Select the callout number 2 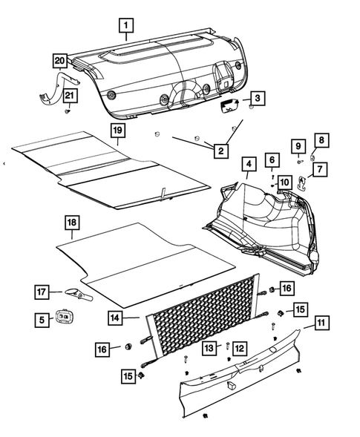pos(220,151)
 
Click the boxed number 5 pos(41,320)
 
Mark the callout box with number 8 pos(321,139)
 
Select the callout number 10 pos(284,182)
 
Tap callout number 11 pos(322,323)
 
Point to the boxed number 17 pos(42,292)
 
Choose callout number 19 pos(116,131)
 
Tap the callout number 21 pos(69,95)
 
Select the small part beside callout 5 pos(66,320)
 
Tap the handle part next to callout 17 pos(76,295)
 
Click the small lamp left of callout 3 pos(229,105)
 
